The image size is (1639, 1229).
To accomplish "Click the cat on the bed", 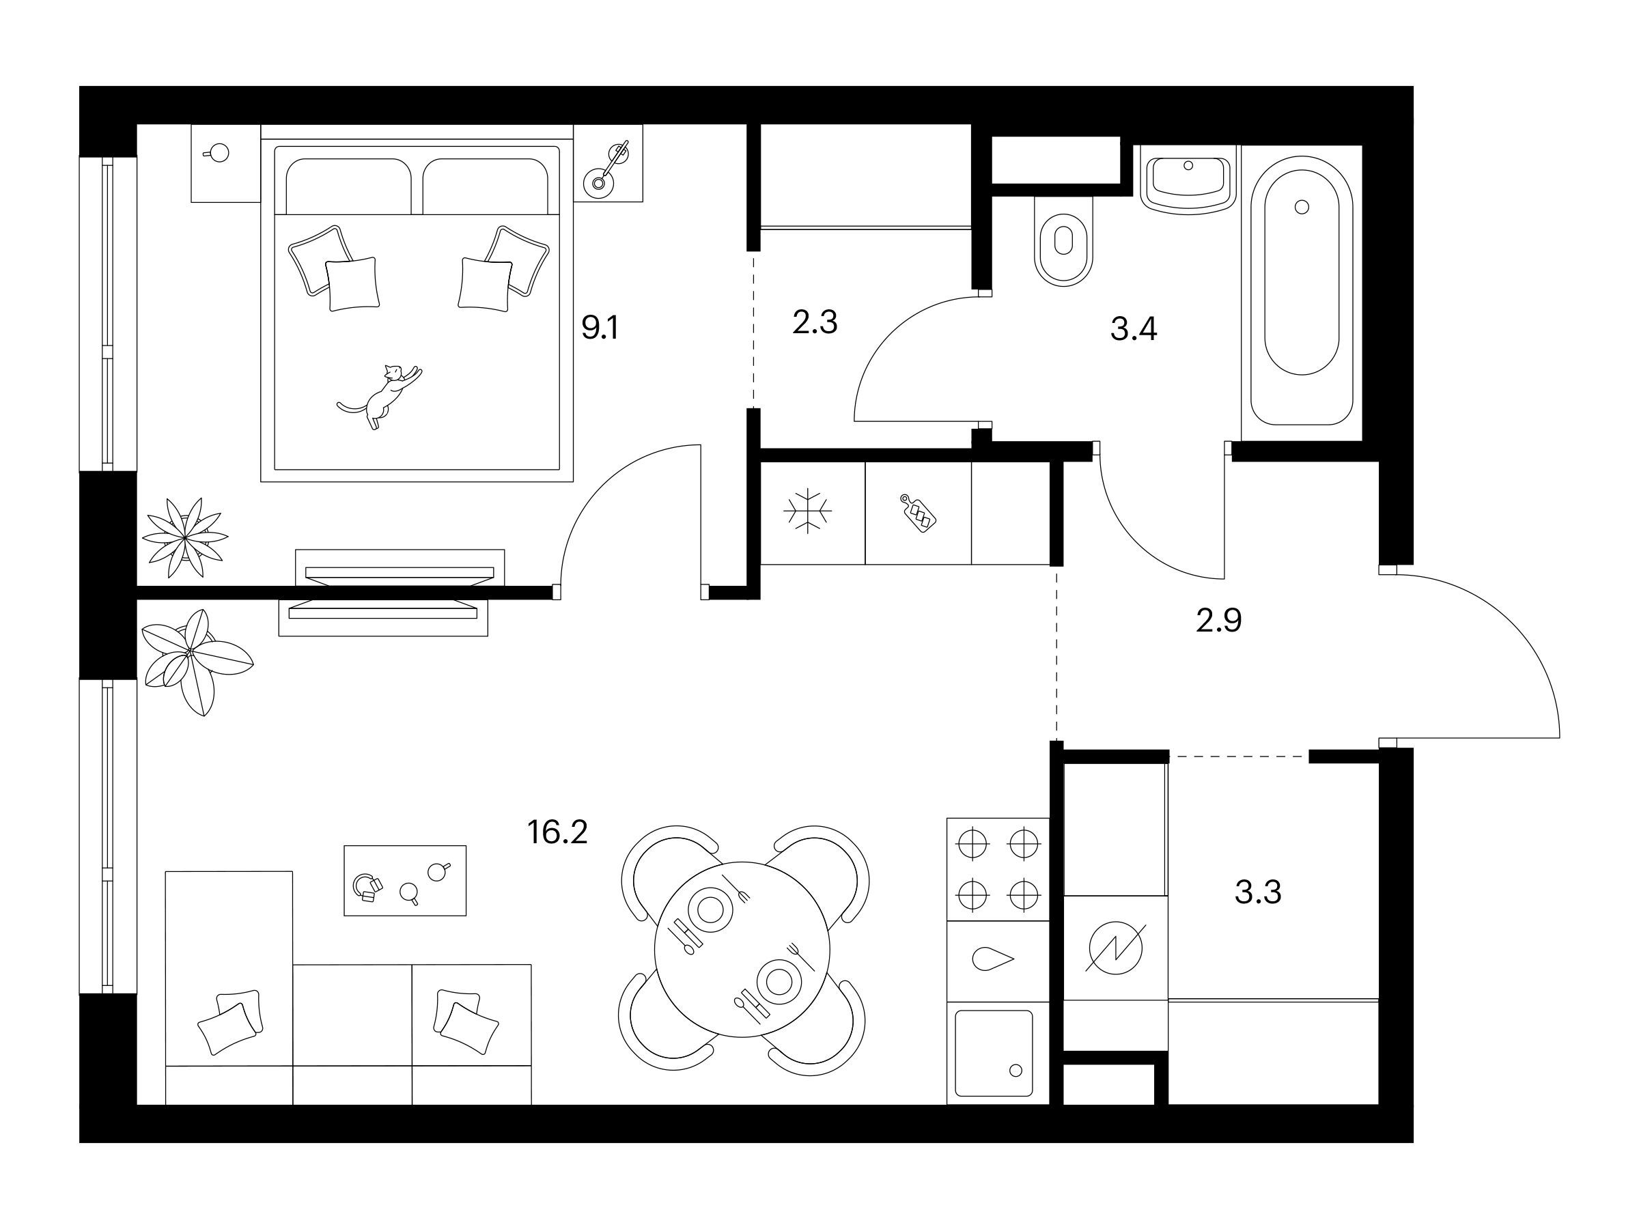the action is tap(380, 396).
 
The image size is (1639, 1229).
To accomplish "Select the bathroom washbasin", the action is tap(1187, 180).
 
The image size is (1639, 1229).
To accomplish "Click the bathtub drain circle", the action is tap(1302, 207).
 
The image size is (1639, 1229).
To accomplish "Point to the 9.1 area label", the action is tap(600, 326).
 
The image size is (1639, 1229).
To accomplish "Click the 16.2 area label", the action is tap(557, 833).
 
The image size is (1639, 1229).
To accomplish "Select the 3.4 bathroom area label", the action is tap(1133, 329).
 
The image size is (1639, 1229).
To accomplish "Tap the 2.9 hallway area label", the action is tap(1219, 621).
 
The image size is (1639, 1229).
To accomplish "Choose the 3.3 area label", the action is tap(1258, 892).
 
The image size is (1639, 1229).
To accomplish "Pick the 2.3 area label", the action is tap(814, 322).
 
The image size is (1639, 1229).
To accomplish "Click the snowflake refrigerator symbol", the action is tap(808, 511).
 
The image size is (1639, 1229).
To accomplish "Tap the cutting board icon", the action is tap(918, 513).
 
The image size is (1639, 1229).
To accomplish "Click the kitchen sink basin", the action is tap(994, 1054).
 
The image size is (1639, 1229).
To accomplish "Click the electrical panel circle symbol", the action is tap(1115, 947).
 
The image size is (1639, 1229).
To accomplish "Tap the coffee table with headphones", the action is tap(404, 881).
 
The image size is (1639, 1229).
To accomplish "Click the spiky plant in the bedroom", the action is tap(184, 539).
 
